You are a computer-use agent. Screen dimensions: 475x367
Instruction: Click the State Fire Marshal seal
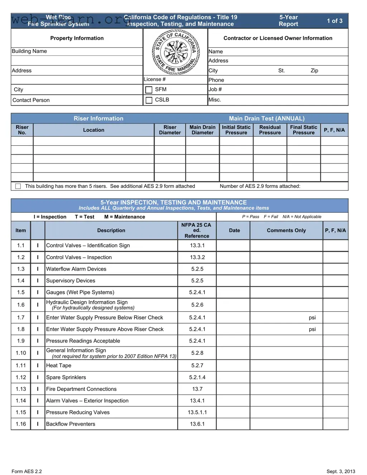175,52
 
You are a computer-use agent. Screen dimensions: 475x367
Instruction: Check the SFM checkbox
149,89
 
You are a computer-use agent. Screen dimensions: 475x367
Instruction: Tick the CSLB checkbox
149,100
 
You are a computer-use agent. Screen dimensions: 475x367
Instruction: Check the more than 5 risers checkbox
18,186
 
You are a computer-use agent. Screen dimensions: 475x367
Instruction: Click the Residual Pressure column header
270,130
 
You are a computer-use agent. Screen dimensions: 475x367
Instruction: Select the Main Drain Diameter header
202,130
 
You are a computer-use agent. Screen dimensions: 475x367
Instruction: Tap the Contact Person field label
31,100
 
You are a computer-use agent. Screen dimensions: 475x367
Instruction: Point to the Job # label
215,89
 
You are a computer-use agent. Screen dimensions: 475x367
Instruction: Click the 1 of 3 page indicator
334,21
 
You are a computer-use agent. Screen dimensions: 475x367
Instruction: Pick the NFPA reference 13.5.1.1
197,412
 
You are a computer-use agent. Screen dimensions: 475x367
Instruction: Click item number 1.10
21,353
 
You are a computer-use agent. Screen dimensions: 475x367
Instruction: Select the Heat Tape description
59,365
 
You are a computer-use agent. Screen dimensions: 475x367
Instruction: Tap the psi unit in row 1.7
312,318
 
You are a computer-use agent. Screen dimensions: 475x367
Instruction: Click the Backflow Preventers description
71,424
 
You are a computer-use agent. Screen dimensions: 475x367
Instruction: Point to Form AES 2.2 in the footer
26,471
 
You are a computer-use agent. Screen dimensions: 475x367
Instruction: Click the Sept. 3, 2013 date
341,471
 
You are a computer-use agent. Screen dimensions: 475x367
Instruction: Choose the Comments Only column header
286,231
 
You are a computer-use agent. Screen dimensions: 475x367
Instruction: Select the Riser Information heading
98,118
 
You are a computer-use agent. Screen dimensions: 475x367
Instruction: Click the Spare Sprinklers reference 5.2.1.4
197,377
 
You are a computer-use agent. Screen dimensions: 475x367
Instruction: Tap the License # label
155,79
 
